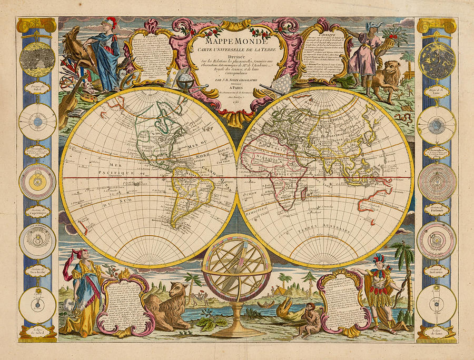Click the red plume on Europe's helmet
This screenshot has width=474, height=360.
point(111,21)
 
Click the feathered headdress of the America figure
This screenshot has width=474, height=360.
point(379,258)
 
